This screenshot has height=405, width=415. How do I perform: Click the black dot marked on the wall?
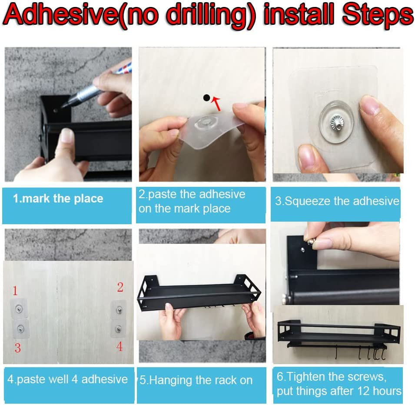pos(206,98)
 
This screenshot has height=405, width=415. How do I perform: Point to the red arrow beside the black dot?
pos(216,103)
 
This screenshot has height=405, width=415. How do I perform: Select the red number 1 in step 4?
pos(15,291)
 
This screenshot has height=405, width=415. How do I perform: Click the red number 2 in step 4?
pos(120,287)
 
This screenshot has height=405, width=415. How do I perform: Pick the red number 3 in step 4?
pos(18,348)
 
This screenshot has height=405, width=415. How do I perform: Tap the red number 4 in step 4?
pos(120,346)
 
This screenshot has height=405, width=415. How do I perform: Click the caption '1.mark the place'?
pos(58,199)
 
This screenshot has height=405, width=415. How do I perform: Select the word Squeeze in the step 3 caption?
pos(308,201)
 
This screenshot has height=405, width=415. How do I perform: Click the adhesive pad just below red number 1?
pos(19,309)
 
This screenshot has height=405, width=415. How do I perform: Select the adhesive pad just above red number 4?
pos(118,329)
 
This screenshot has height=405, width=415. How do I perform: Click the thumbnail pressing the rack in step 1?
pos(66,135)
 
